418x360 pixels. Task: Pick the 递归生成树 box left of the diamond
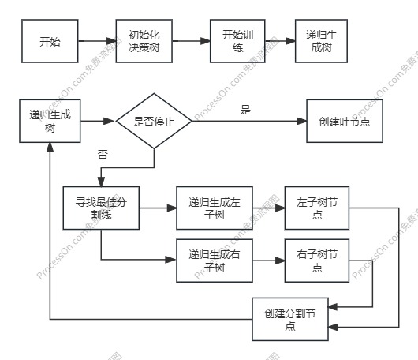pyautogui.click(x=50, y=121)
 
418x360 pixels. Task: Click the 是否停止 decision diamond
pyautogui.click(x=155, y=122)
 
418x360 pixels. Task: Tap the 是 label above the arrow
pyautogui.click(x=245, y=110)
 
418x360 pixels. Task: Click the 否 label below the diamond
pyautogui.click(x=103, y=154)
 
